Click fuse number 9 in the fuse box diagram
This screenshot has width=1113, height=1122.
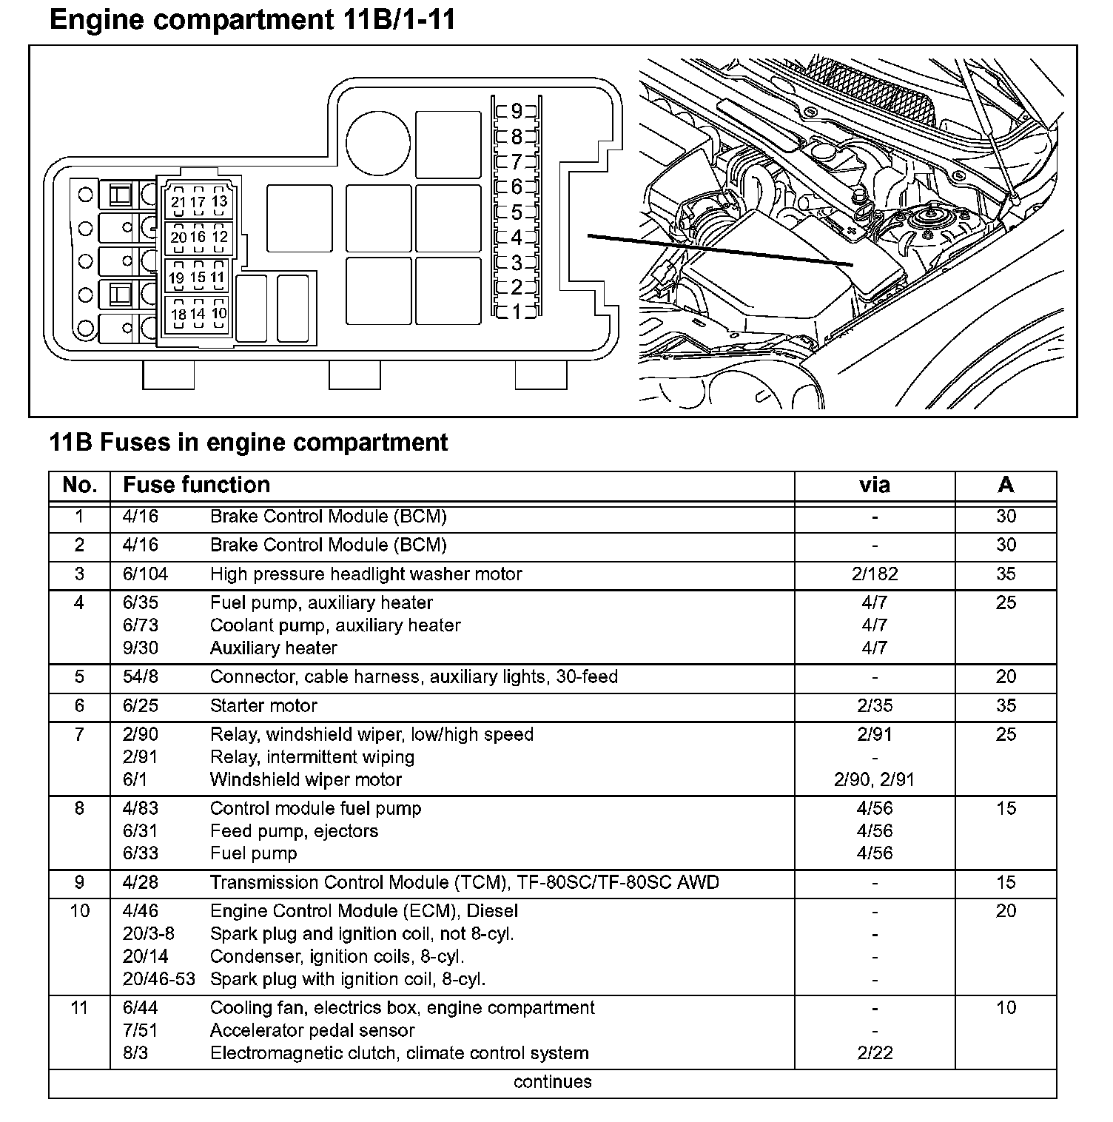[517, 111]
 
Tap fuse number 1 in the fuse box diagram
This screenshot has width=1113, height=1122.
[517, 312]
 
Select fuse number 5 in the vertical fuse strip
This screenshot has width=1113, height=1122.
[517, 212]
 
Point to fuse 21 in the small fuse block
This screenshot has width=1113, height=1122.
[178, 202]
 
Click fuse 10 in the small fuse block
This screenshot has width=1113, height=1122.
[219, 313]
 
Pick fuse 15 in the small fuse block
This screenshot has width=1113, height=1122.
[198, 278]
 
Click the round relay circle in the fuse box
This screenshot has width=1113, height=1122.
[377, 144]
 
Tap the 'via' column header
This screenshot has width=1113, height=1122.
[874, 485]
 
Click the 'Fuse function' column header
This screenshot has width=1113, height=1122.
[196, 485]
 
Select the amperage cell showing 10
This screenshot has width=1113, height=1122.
[1006, 1007]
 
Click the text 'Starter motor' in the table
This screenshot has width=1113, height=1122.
[263, 705]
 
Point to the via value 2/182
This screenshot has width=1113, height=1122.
[874, 574]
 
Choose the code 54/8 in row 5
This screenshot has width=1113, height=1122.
[141, 676]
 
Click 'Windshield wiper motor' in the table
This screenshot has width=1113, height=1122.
[306, 779]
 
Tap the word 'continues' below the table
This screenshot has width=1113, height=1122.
[553, 1082]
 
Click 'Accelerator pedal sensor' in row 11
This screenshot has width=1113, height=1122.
[312, 1030]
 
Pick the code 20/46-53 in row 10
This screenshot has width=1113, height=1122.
[158, 979]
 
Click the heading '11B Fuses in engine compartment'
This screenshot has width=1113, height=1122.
[249, 443]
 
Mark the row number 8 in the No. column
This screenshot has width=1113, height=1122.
[79, 808]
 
